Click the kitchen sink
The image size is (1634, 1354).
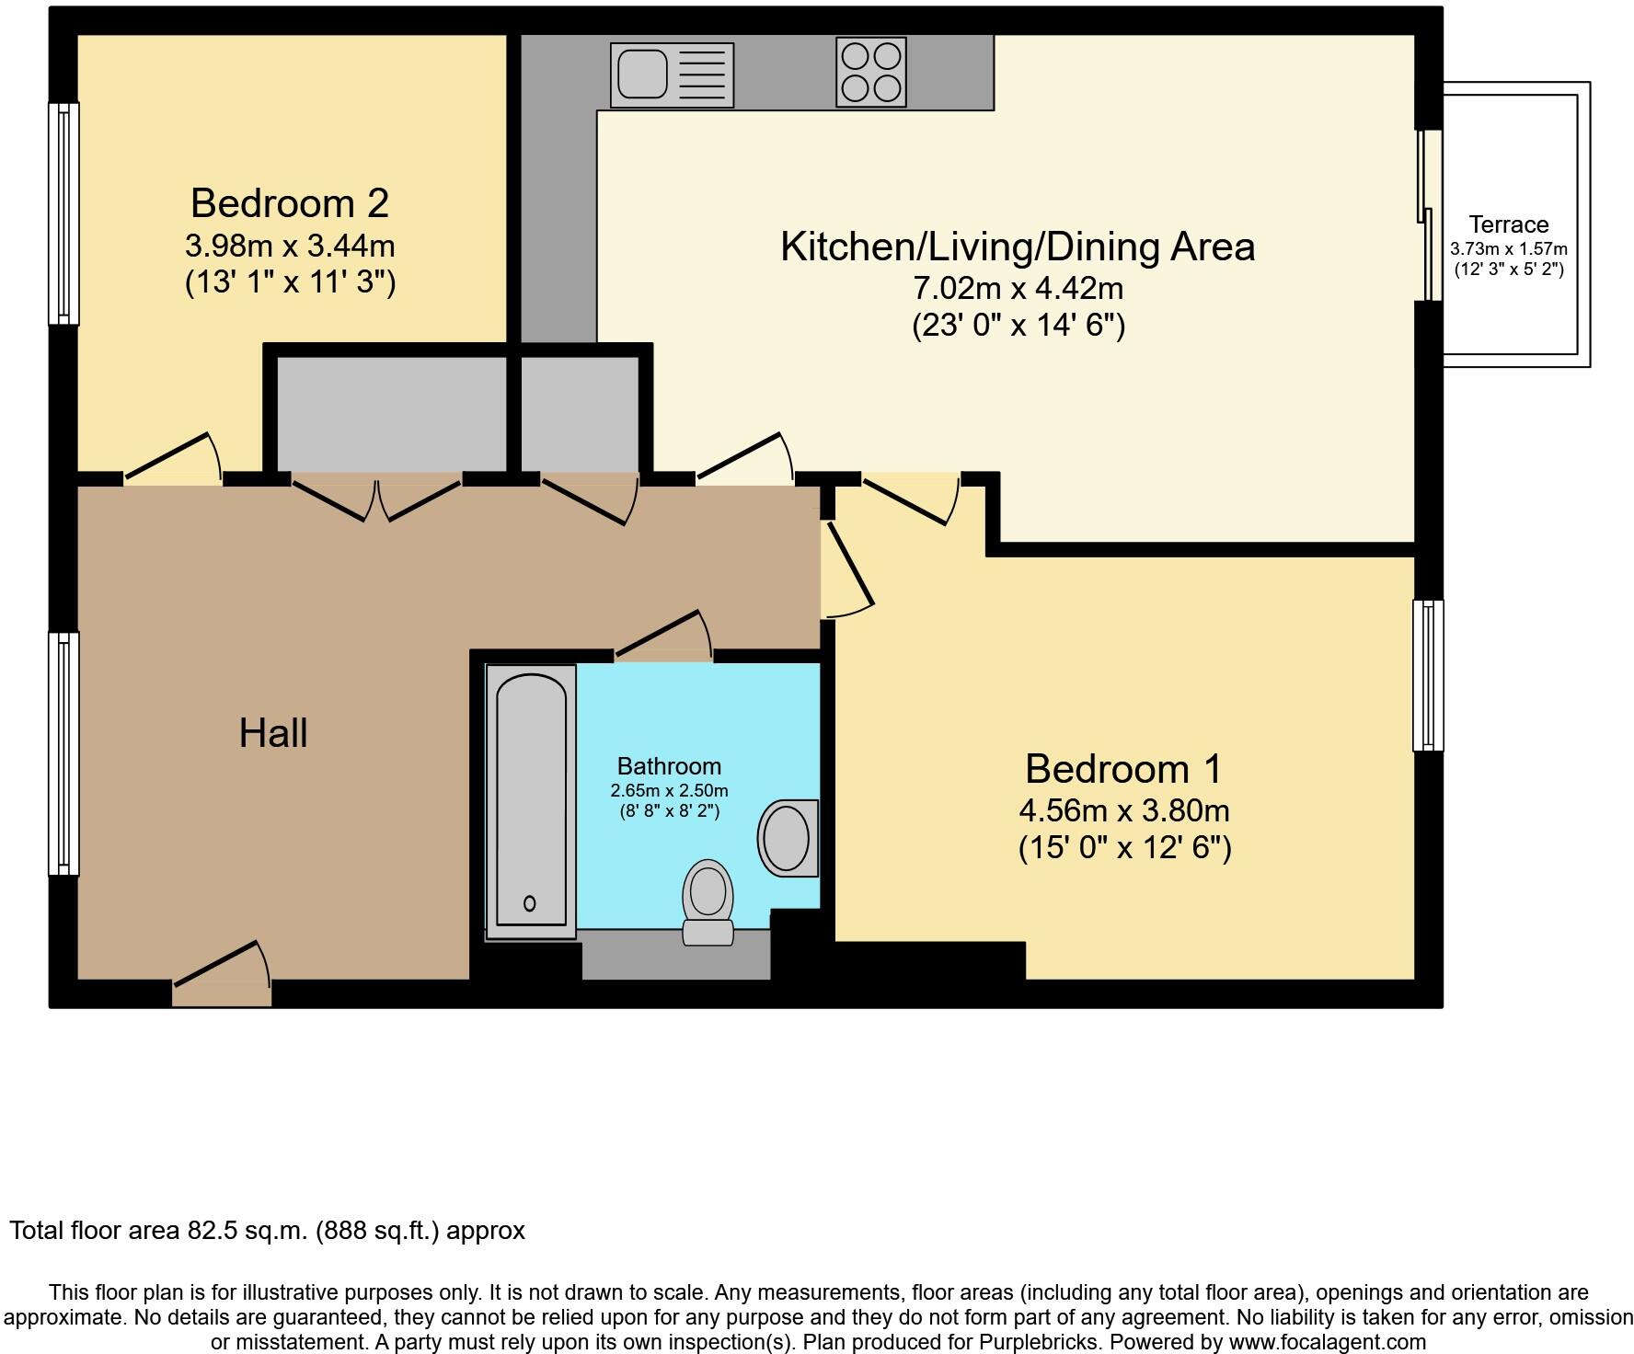[672, 75]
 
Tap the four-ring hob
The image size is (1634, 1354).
[870, 72]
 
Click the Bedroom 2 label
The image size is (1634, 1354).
[290, 202]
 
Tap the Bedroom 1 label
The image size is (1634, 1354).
[1123, 769]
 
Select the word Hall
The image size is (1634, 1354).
[273, 733]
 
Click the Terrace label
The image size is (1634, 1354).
[1508, 224]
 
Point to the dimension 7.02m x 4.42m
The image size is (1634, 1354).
[1018, 288]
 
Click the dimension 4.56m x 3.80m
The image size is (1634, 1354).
[1123, 810]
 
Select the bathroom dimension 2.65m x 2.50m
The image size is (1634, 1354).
[669, 791]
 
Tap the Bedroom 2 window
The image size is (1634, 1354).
[63, 212]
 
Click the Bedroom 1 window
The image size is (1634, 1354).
[1427, 675]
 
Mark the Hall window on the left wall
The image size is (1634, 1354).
[63, 752]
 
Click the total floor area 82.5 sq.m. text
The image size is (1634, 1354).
[267, 1231]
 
